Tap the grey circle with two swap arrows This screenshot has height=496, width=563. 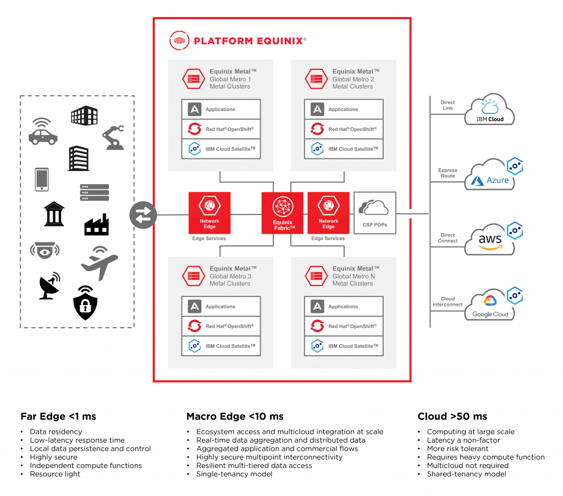143,214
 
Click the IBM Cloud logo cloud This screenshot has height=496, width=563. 489,109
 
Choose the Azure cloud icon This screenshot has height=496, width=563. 489,176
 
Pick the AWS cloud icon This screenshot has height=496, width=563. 489,241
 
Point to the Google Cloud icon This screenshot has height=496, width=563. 489,306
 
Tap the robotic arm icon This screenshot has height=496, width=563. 113,137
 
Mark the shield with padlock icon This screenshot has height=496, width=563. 85,302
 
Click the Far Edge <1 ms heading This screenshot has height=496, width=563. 58,416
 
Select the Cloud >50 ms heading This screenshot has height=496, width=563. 452,416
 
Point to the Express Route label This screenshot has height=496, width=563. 448,173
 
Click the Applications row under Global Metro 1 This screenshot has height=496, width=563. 220,109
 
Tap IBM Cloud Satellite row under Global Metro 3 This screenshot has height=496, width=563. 220,346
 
